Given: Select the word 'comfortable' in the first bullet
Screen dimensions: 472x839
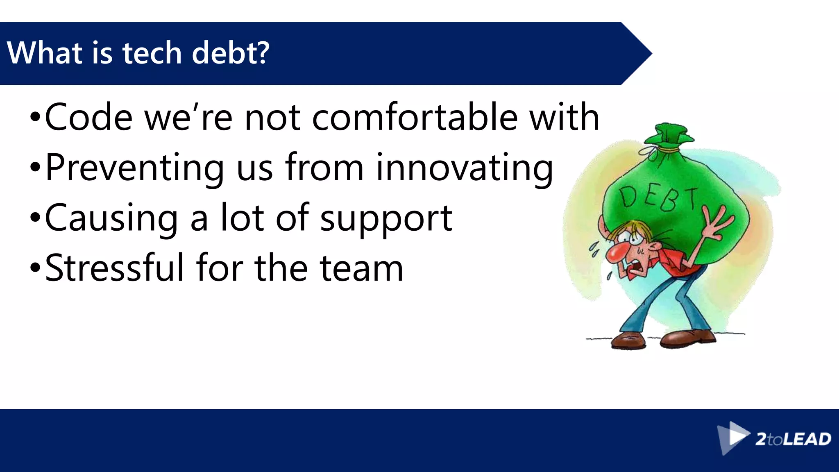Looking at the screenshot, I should click(415, 118).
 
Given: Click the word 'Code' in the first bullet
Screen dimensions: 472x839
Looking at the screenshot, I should click(88, 118).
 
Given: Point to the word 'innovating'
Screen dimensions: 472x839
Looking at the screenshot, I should click(465, 168).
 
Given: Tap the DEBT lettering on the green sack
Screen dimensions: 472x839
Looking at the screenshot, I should click(658, 197).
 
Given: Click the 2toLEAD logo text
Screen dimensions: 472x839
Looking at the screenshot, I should click(793, 439).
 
